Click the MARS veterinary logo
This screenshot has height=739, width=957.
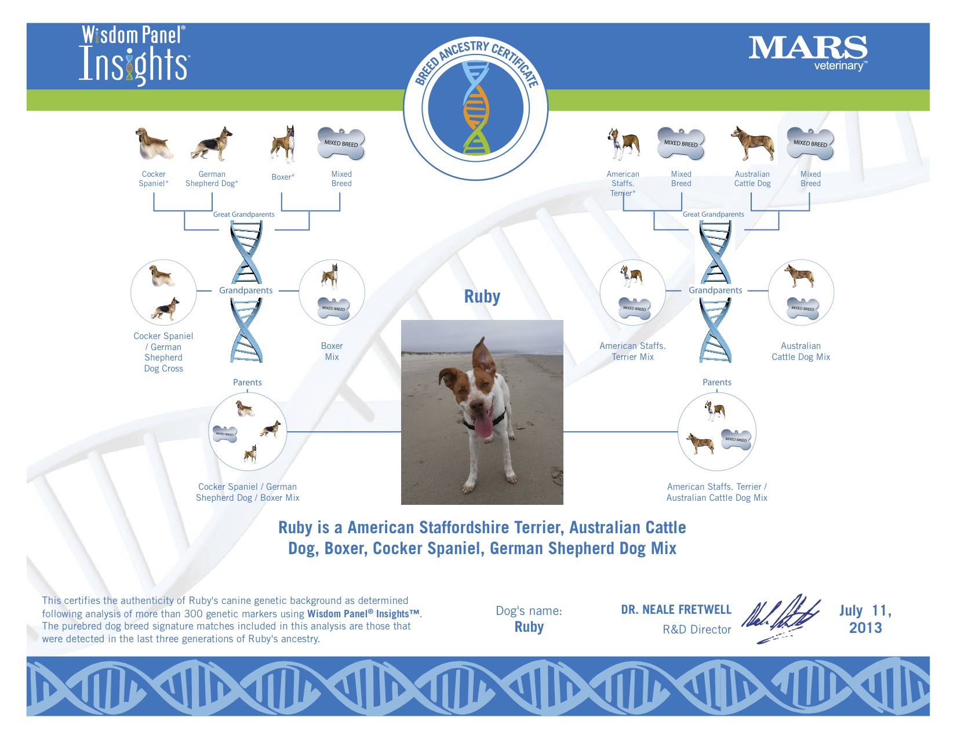tap(808, 53)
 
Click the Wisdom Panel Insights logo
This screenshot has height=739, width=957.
tap(134, 54)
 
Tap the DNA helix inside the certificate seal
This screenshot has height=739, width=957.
tap(476, 108)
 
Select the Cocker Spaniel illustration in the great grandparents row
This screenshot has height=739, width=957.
tap(154, 143)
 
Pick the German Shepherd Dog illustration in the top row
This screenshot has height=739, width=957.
tap(212, 144)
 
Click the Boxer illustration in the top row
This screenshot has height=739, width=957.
tap(283, 144)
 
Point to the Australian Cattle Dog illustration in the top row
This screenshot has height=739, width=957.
tap(752, 143)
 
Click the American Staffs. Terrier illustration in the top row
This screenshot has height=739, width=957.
tap(623, 144)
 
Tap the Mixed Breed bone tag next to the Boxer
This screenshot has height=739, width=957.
tap(341, 144)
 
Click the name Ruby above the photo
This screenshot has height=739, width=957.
tap(482, 296)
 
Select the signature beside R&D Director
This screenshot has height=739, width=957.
tap(781, 618)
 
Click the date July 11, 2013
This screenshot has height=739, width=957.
tap(865, 619)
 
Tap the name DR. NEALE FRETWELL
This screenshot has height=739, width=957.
tap(676, 610)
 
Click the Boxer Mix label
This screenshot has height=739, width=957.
tap(332, 351)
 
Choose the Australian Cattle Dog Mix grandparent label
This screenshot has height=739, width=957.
tap(800, 351)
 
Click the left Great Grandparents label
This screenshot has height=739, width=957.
tap(243, 214)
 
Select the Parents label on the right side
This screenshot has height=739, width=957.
tap(716, 383)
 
